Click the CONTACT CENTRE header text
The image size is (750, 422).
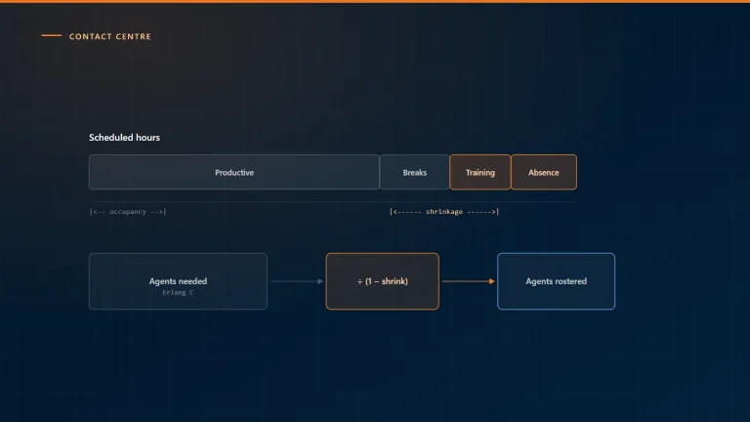tap(110, 36)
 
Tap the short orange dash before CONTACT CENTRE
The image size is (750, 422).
tap(51, 35)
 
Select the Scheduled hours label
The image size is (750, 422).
tap(124, 138)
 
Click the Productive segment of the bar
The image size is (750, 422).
tap(234, 172)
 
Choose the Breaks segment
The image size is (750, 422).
tap(414, 172)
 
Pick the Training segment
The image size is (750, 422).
tap(480, 172)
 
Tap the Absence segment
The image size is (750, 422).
tap(544, 172)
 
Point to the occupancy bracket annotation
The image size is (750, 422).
tap(128, 211)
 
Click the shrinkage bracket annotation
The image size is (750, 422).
tap(444, 211)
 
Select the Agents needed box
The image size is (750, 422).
tap(178, 281)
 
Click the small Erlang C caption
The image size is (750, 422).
tap(178, 292)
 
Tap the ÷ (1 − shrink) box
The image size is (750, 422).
tap(382, 281)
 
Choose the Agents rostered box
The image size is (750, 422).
tap(556, 281)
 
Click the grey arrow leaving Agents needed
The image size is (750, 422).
tap(297, 281)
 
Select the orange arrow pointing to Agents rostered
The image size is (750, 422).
tap(469, 281)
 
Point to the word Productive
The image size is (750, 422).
tap(234, 172)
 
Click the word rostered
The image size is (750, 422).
tap(569, 281)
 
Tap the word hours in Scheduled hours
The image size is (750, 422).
tap(147, 138)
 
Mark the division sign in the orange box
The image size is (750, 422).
tap(359, 281)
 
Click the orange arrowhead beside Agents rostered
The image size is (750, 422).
tap(492, 281)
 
